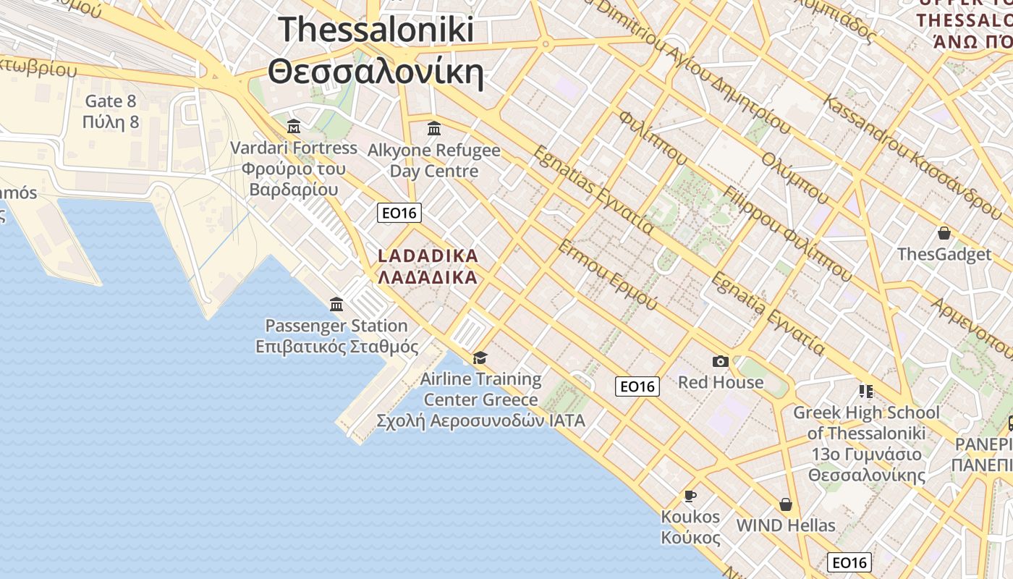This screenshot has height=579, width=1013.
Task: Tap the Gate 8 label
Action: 111,101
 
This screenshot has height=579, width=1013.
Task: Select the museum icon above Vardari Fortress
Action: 293,127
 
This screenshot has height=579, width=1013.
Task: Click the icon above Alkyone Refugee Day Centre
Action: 434,129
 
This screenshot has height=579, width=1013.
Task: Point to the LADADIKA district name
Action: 428,256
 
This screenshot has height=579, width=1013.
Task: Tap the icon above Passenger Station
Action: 336,304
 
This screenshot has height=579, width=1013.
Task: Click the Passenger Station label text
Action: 336,326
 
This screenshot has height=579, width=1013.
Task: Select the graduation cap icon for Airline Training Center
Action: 480,358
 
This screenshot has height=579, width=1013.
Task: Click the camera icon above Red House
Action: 721,361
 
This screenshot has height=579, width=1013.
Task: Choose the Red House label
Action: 721,382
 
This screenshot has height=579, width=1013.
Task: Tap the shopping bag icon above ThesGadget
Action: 944,233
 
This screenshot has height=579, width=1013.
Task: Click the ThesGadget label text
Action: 944,255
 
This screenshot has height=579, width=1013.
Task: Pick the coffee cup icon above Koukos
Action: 690,496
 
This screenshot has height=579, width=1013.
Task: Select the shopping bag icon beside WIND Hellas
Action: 786,504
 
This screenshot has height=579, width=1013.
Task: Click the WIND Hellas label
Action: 786,525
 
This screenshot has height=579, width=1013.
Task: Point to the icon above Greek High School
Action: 866,392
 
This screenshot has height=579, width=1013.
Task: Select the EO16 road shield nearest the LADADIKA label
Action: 399,213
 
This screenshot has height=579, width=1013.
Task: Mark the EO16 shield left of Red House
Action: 637,386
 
